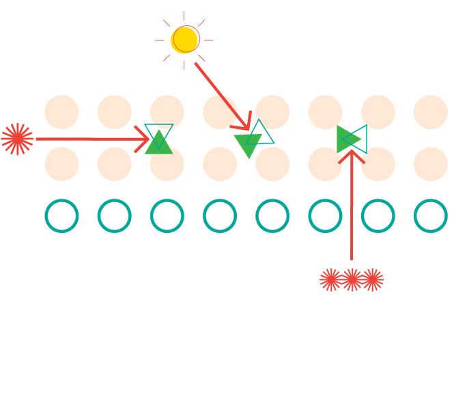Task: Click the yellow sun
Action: (184, 40)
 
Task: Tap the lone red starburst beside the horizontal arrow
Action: (17, 139)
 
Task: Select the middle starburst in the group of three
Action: (352, 279)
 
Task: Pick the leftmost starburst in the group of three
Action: (330, 279)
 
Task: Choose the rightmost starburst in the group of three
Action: (373, 279)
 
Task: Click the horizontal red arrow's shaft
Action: (89, 139)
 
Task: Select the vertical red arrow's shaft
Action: (352, 212)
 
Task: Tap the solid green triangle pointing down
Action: (247, 143)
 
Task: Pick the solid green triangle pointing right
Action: (345, 139)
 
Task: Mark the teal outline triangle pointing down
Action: (158, 132)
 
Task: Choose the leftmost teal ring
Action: (61, 216)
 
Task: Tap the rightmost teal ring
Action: (430, 216)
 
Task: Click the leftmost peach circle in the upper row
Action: (61, 112)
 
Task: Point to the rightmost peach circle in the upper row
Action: (430, 112)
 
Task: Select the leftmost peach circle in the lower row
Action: (61, 164)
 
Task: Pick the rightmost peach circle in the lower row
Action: (430, 164)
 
